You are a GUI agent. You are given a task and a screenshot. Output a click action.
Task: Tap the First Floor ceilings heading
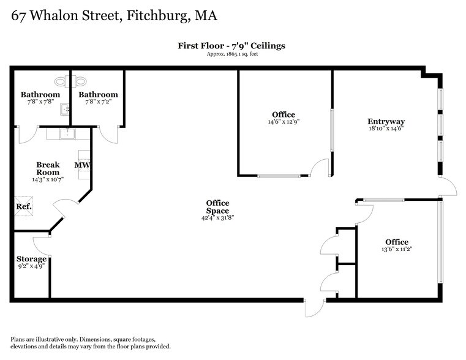coord(231,45)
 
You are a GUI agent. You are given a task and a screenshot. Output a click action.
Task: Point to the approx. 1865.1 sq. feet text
coord(231,54)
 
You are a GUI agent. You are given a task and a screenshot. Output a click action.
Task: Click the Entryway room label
coord(386,121)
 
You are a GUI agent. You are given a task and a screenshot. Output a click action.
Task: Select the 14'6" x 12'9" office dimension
coord(283,122)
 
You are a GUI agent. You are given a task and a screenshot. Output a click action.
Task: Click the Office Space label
coord(217,207)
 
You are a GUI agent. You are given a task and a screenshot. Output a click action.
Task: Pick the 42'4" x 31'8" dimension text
coord(217,217)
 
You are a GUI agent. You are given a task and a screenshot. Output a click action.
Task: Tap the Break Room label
coord(48,168)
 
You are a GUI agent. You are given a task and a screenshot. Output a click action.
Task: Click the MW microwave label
coord(82,165)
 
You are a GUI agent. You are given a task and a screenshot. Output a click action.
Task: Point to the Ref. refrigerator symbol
coord(23,206)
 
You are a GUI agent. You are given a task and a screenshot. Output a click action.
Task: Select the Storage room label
coord(31,259)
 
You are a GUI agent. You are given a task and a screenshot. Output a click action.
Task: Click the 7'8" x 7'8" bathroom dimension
coord(40,102)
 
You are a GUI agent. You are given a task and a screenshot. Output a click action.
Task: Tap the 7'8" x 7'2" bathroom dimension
coord(97,102)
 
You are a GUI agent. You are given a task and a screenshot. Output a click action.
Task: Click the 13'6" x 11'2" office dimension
coord(396,249)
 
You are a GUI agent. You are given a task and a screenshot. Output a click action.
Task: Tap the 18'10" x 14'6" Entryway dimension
coord(386,129)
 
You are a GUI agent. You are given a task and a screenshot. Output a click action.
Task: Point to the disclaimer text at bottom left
coord(91,343)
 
